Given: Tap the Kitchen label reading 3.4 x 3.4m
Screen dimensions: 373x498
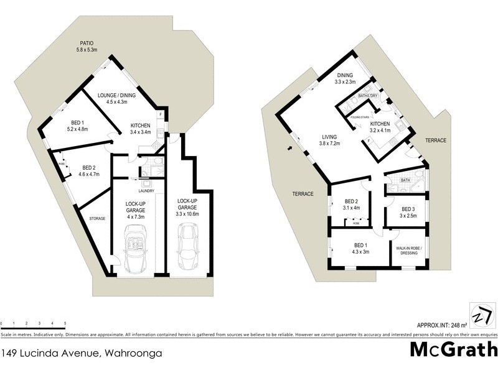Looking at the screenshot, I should point(140,128).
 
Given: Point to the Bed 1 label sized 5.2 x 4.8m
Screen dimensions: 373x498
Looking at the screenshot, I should point(78,126).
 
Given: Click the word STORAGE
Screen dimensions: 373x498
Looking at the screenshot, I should point(96,218).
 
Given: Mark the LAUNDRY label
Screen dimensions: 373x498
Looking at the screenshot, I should point(146,191).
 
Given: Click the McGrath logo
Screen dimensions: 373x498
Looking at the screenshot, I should point(453,349).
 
